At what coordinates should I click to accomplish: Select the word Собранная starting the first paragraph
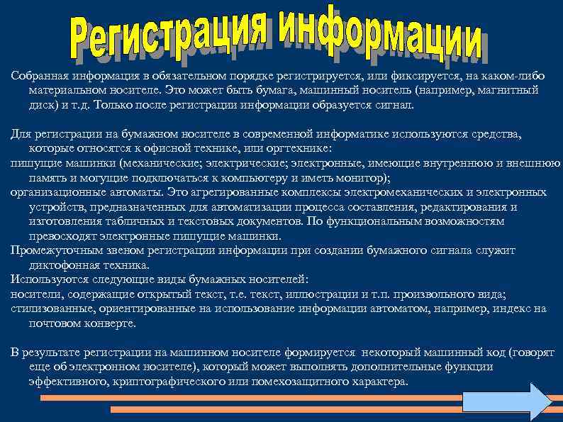click(x=38, y=77)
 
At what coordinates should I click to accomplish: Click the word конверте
click(x=109, y=323)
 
